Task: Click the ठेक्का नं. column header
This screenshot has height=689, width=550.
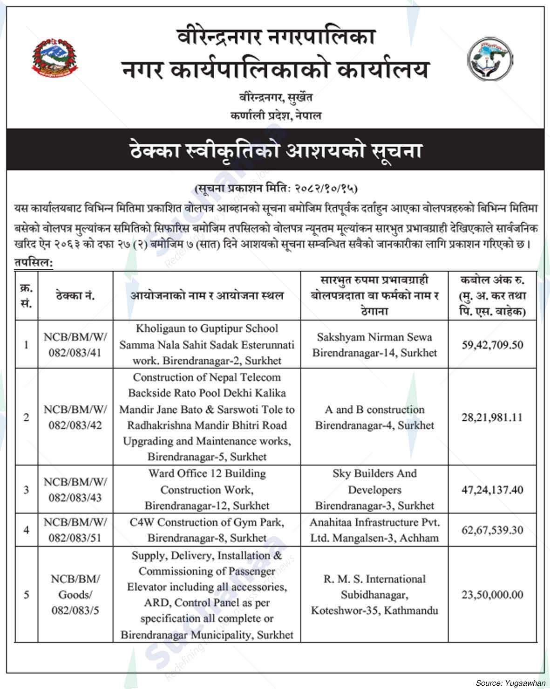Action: tap(75, 296)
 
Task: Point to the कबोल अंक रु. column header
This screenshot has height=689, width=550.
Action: tap(492, 296)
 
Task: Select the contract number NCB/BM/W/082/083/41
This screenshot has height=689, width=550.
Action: tap(75, 345)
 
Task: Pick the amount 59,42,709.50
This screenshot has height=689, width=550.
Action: tap(492, 345)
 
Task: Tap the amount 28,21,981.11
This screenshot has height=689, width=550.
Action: tap(492, 417)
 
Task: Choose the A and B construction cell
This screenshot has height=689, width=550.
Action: tap(374, 417)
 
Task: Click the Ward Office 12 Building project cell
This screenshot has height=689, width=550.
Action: tap(207, 489)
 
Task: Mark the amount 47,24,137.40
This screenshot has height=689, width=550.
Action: tap(492, 490)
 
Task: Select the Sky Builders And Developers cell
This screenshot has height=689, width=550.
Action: tap(374, 489)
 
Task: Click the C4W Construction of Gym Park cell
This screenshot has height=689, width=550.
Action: tap(207, 530)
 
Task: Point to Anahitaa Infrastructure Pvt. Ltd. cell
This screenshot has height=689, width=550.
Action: tap(374, 530)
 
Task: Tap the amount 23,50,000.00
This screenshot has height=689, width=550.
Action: tap(492, 595)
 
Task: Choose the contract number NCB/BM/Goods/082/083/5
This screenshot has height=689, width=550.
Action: tap(75, 594)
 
